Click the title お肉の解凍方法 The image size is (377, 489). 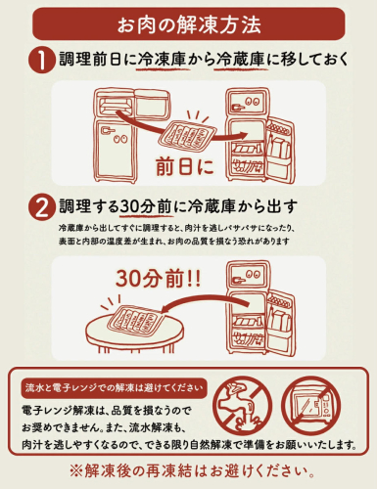tap(189, 24)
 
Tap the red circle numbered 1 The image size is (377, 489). tap(41, 60)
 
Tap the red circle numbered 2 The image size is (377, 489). tap(41, 207)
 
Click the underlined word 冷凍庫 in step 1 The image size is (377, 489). tap(162, 59)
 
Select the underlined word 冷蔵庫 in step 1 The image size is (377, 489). tap(240, 59)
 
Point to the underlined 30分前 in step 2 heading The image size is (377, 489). tap(146, 206)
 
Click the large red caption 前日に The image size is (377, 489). tap(185, 166)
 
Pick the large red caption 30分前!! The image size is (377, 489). tap(159, 279)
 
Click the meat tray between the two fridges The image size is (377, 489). tap(186, 136)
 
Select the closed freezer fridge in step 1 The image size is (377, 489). tap(131, 135)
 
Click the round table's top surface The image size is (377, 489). tap(135, 330)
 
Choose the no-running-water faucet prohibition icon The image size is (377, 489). tap(243, 404)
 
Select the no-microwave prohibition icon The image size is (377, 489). tap(311, 404)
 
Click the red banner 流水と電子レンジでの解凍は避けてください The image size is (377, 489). tap(114, 388)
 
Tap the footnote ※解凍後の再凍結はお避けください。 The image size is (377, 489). tap(192, 471)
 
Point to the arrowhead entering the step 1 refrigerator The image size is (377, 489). tap(243, 135)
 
